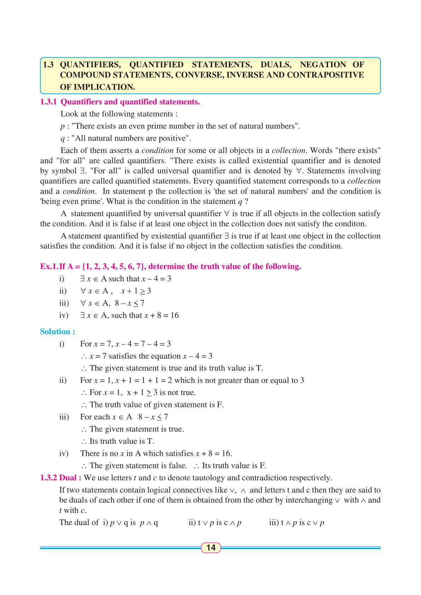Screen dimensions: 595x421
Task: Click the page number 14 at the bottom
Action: (x=211, y=548)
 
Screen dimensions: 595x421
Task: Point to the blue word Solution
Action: (x=57, y=332)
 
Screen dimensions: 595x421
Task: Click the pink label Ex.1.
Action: (x=49, y=266)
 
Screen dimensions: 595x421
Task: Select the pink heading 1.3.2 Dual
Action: (x=61, y=478)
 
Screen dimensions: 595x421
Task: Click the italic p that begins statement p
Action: (x=62, y=126)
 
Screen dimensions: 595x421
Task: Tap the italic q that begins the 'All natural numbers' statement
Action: (x=62, y=139)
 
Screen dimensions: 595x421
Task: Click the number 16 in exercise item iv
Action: (x=174, y=315)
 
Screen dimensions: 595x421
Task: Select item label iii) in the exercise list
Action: (x=64, y=303)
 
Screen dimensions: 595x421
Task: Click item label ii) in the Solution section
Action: (x=63, y=381)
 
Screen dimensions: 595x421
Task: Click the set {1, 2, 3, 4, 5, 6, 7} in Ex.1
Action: (x=113, y=266)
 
